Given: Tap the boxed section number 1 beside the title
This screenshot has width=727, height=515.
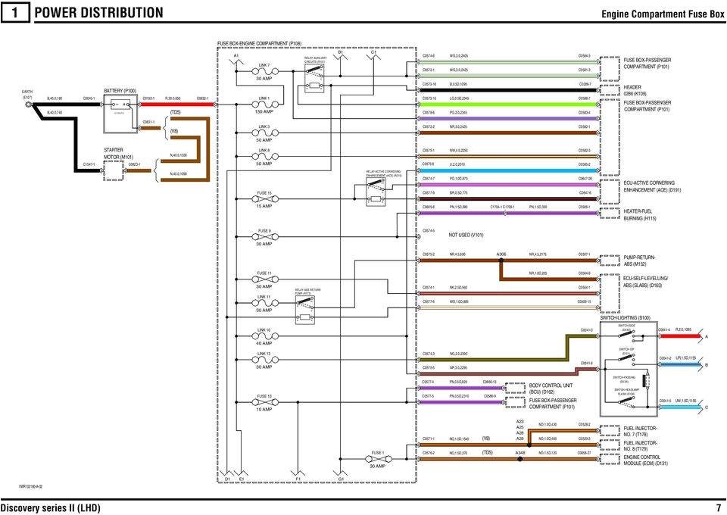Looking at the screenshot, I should pyautogui.click(x=14, y=13).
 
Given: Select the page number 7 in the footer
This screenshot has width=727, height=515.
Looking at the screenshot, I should pyautogui.click(x=717, y=507).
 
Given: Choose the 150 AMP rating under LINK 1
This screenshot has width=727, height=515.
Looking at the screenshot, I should pyautogui.click(x=264, y=111).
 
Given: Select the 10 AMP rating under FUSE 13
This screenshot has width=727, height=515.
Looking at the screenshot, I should pyautogui.click(x=264, y=409).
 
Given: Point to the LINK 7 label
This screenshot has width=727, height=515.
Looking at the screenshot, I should pyautogui.click(x=264, y=65).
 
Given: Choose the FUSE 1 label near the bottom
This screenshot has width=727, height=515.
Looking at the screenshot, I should pyautogui.click(x=378, y=453).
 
